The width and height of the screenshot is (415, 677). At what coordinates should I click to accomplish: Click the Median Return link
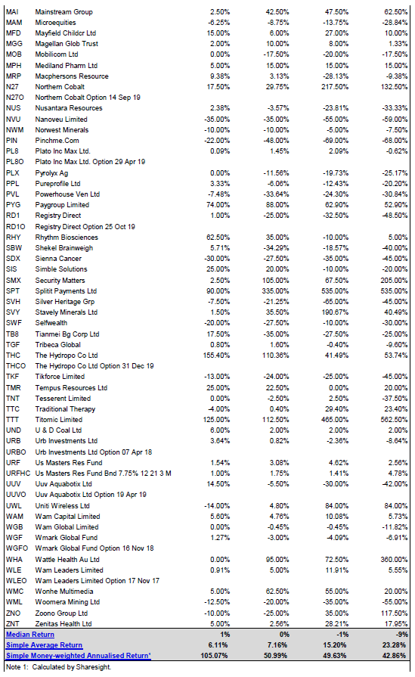tap(30, 634)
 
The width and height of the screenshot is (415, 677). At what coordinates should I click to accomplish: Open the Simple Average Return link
tap(44, 645)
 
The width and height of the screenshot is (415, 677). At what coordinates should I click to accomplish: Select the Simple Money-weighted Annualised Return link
tap(79, 655)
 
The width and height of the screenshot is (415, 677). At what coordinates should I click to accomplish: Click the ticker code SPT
tap(13, 291)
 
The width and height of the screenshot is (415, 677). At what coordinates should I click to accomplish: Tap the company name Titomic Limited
tap(59, 420)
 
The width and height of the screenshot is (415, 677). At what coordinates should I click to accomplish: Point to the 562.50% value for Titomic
tap(394, 420)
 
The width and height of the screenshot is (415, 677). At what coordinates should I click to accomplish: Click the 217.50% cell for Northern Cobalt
tap(335, 87)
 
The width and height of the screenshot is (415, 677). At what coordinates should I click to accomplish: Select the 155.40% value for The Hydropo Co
tap(216, 356)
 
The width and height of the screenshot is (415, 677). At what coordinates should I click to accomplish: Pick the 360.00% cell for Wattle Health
tap(394, 560)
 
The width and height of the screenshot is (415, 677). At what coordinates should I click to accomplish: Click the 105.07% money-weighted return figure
tap(215, 655)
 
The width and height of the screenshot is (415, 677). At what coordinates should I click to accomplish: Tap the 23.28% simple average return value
tap(395, 645)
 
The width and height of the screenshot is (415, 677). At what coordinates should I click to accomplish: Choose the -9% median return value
tap(402, 634)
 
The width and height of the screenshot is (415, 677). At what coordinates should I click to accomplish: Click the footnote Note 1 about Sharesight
tap(59, 666)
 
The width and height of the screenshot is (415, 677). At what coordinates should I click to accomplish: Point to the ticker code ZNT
tap(13, 623)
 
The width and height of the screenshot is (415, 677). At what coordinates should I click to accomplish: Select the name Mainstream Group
tap(63, 12)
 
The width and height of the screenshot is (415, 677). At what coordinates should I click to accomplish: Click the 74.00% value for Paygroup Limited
tap(218, 205)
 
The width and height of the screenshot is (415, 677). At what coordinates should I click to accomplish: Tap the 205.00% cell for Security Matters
tap(394, 280)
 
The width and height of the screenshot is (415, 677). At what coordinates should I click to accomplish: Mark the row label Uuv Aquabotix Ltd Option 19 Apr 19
tap(91, 495)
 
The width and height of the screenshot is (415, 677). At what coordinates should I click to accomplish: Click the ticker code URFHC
tap(18, 474)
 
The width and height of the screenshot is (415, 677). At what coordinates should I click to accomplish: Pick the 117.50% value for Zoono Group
tap(394, 613)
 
